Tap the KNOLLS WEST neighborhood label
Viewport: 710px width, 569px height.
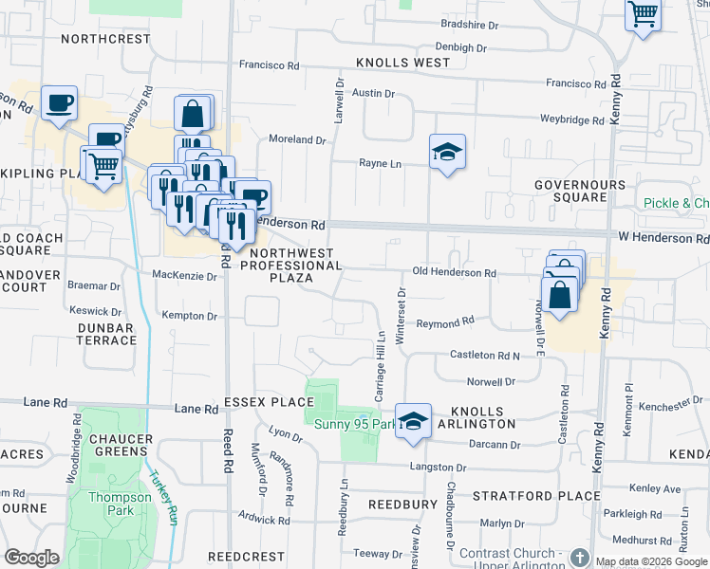click(x=403, y=64)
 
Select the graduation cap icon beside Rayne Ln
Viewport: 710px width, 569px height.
click(x=447, y=153)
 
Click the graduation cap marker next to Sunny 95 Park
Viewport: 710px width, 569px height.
click(x=413, y=421)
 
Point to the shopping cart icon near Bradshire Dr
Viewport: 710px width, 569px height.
click(x=643, y=15)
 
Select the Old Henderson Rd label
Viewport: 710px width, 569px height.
click(x=454, y=273)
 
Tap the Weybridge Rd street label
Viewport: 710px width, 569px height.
click(x=571, y=121)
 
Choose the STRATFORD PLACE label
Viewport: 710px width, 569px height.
click(x=536, y=496)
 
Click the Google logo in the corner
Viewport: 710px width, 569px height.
click(x=31, y=558)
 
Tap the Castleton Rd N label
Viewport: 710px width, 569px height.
click(x=484, y=356)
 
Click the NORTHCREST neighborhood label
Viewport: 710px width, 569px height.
click(x=105, y=40)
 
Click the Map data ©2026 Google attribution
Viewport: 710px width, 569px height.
click(x=651, y=562)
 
